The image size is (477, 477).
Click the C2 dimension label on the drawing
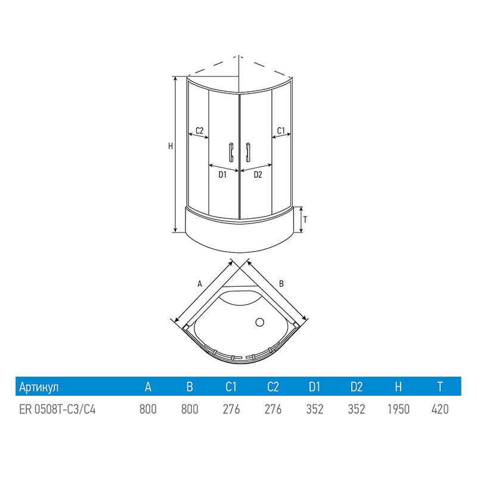(x=199, y=131)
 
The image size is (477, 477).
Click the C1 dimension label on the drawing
(x=281, y=131)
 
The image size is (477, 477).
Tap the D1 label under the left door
(x=222, y=175)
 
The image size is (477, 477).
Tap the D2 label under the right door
(x=258, y=175)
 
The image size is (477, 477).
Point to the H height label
(x=171, y=146)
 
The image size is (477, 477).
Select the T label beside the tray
(x=305, y=219)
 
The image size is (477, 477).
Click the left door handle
(x=231, y=152)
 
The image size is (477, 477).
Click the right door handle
(x=248, y=152)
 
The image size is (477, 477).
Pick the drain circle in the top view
(x=259, y=322)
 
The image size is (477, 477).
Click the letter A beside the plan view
(x=200, y=284)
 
